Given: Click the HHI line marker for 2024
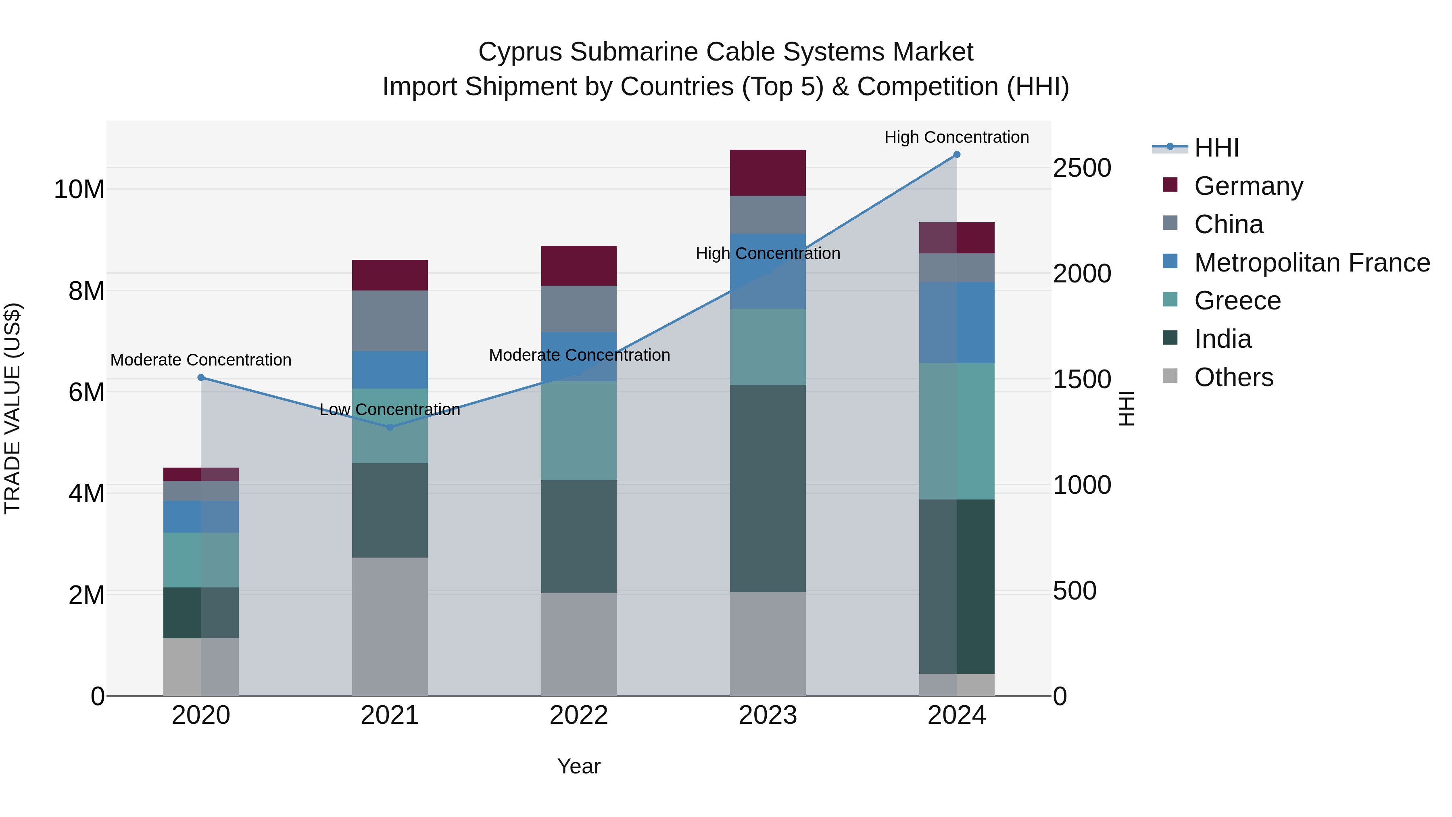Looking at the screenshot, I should [x=957, y=155].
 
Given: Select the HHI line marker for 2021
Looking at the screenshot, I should [x=390, y=427].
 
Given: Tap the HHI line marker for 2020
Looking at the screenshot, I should [x=201, y=377].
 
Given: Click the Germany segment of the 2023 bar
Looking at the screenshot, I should [x=768, y=173].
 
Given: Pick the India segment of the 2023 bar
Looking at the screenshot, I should [x=768, y=488].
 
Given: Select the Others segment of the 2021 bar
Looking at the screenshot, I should [x=390, y=626].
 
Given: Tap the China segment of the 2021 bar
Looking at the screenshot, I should [x=390, y=320].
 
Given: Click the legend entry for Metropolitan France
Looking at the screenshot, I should [x=1312, y=262].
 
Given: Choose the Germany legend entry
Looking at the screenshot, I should [x=1248, y=186].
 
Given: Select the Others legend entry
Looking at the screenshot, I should [x=1233, y=377].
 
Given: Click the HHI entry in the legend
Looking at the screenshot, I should [x=1216, y=148].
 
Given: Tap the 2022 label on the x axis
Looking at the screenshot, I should [x=579, y=715].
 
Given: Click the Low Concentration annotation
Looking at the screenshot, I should [x=390, y=410].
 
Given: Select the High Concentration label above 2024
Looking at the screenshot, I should [x=957, y=137].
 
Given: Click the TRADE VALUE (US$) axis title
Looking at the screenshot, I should [x=13, y=408].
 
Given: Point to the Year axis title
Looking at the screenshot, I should [x=579, y=766].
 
